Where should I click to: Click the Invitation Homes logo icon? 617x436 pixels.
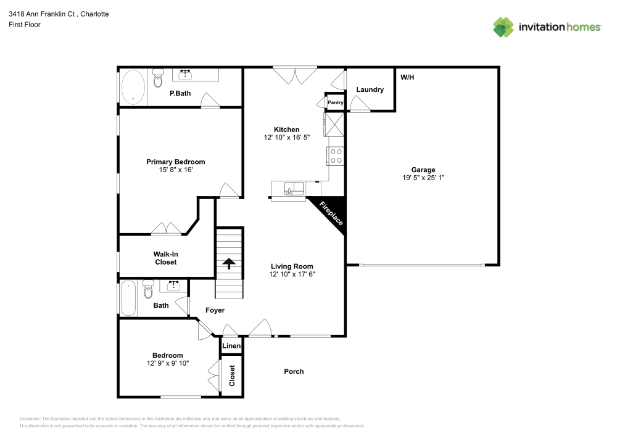coord(503,27)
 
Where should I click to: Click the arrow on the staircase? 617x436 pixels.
coord(229,264)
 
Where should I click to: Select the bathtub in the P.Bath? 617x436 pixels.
coord(133,87)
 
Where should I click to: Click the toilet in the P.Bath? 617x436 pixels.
coord(158,78)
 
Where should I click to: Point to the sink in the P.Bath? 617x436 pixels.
coord(186,75)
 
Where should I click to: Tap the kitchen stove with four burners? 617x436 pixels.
coord(336,156)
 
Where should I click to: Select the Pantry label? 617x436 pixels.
coord(335,102)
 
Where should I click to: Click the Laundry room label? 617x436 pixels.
coord(370,89)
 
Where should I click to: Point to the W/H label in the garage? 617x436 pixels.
coord(407,78)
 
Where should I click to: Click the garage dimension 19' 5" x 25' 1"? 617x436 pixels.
coord(423,178)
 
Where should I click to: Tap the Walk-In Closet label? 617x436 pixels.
coord(165,258)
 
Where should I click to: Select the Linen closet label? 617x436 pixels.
coord(231,346)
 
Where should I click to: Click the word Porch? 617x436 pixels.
coord(294,371)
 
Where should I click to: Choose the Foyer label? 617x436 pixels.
coord(215,310)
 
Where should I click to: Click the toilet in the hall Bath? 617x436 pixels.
coord(148,287)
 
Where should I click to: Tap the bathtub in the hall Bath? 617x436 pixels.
coord(128,298)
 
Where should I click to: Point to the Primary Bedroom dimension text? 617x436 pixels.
coord(175,170)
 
